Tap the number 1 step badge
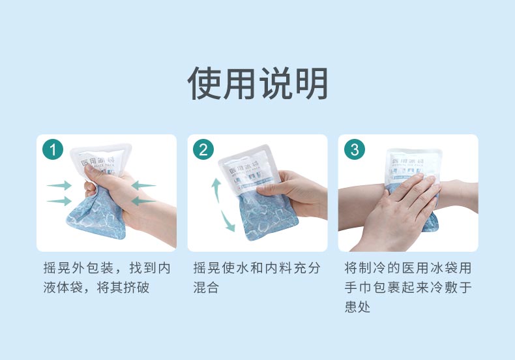pyautogui.click(x=52, y=149)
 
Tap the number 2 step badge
pyautogui.click(x=203, y=149)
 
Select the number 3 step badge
pyautogui.click(x=354, y=149)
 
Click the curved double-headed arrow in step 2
pyautogui.click(x=221, y=204)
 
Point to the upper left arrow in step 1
pyautogui.click(x=59, y=186)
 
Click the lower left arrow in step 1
pyautogui.click(x=59, y=201)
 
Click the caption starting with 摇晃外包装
pyautogui.click(x=106, y=278)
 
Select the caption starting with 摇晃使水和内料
pyautogui.click(x=257, y=278)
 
